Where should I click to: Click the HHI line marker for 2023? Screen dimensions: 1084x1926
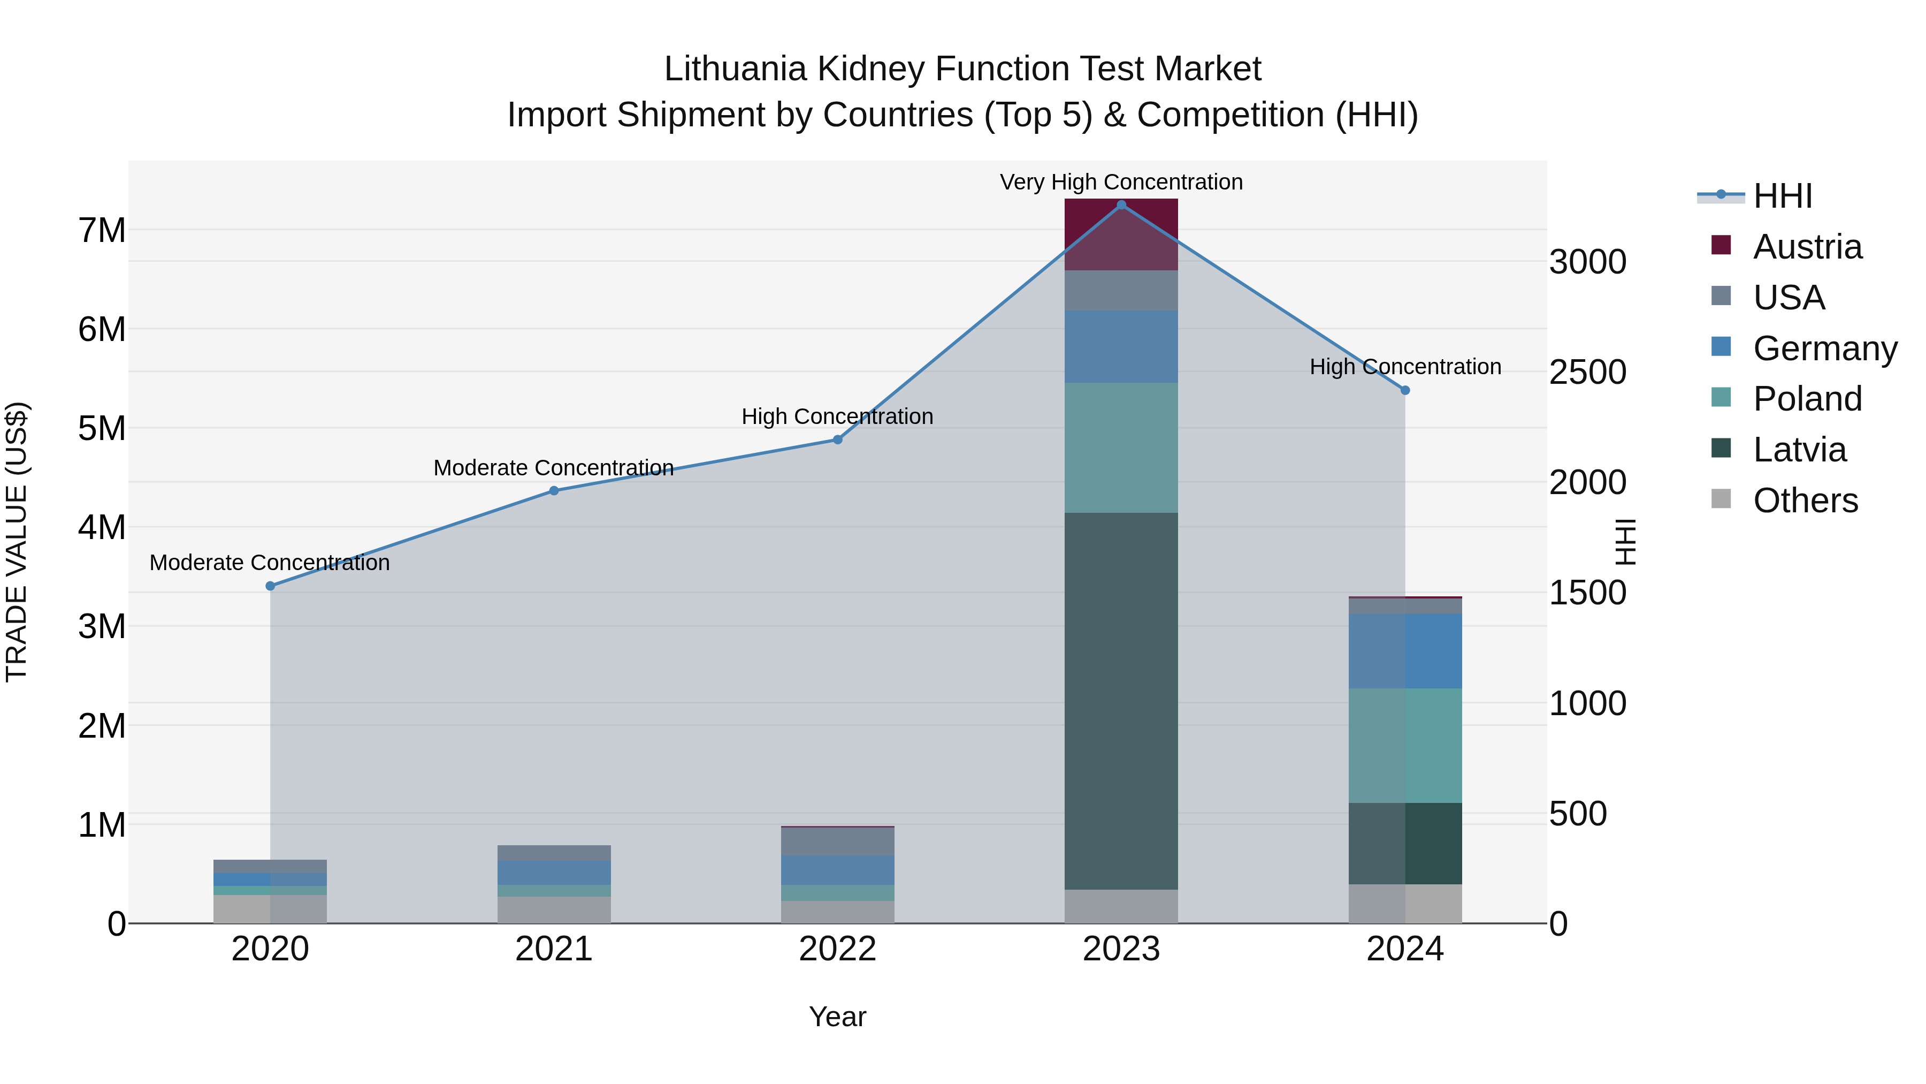(1121, 204)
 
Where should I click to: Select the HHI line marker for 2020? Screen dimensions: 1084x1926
(271, 586)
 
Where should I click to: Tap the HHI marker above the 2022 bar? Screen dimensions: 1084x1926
(837, 440)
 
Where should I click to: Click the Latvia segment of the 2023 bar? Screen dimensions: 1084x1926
(1121, 700)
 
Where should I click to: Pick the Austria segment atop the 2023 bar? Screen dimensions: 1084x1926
(1121, 234)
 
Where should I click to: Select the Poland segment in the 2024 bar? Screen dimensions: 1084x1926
(1405, 745)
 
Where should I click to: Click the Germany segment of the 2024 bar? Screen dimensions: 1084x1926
(1405, 651)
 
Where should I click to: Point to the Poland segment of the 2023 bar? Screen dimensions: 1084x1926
(1121, 448)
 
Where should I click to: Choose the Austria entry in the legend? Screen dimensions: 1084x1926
(1806, 247)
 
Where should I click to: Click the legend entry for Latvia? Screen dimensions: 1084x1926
(1799, 450)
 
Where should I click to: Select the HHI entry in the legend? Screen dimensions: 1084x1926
(1782, 196)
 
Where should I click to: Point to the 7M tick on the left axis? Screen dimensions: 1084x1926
(102, 230)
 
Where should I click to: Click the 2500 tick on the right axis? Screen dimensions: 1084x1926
(1587, 372)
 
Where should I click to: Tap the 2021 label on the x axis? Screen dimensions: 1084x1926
(554, 949)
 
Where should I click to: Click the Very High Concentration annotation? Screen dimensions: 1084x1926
(1121, 182)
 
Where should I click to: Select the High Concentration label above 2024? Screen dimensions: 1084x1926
(1405, 367)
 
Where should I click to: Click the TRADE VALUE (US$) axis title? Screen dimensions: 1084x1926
(17, 542)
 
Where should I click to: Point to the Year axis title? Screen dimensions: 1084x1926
(837, 1017)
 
